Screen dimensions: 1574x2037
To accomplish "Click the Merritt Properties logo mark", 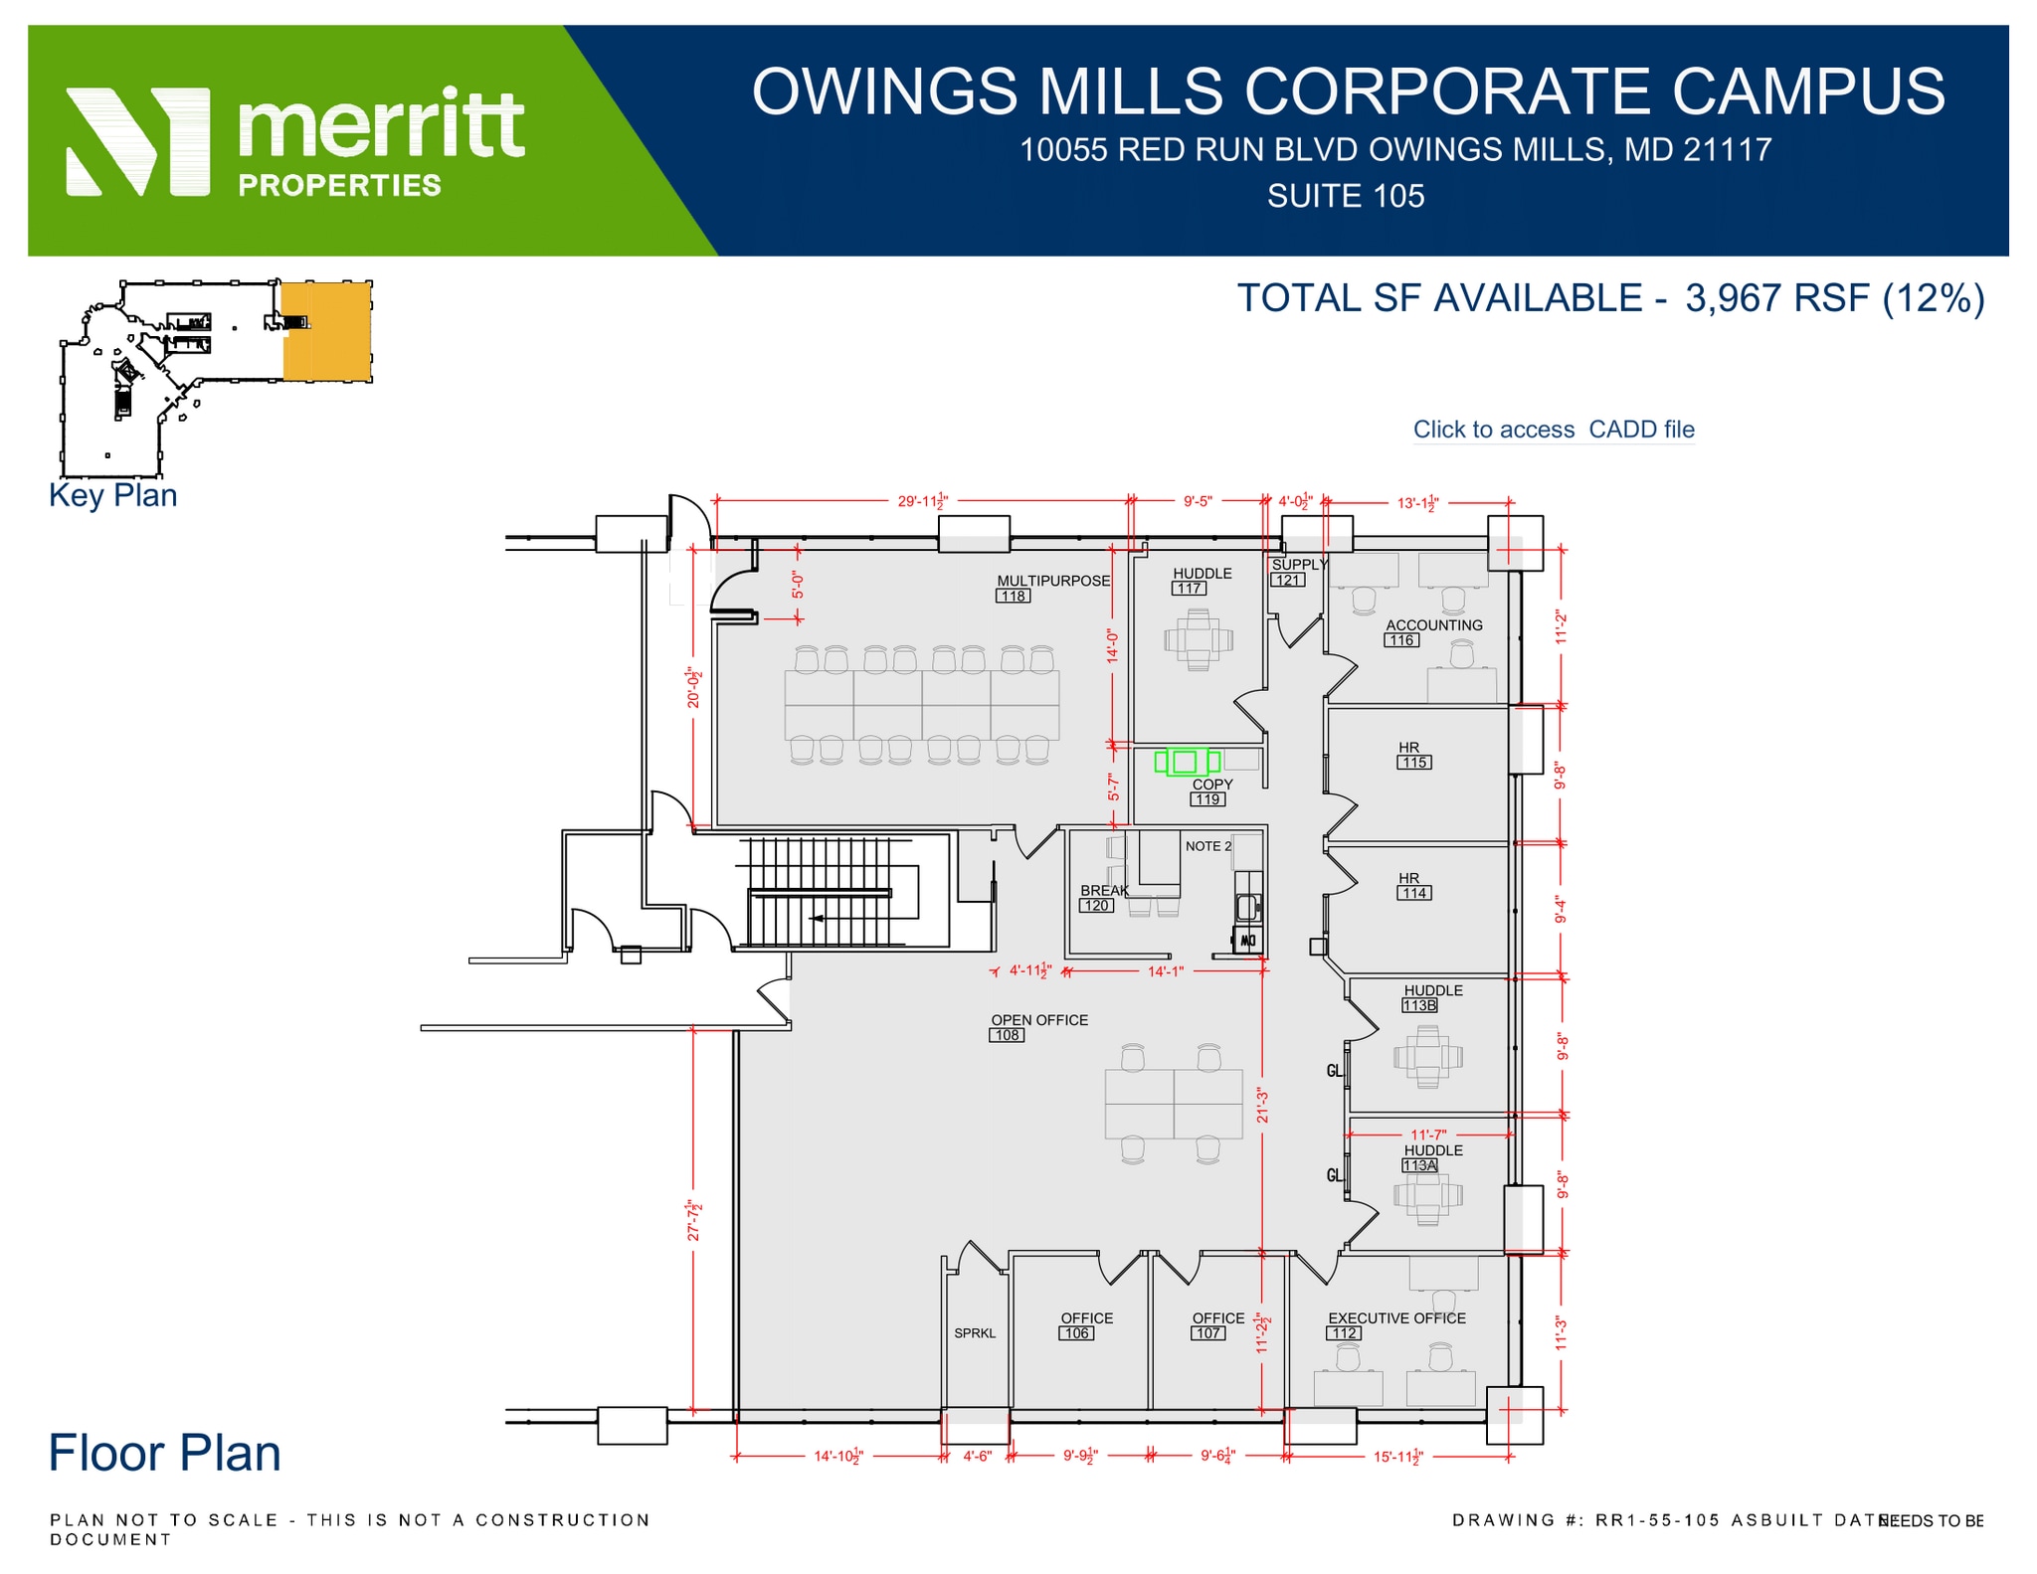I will coord(137,141).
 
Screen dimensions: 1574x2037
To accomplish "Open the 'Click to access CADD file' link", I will coord(1553,430).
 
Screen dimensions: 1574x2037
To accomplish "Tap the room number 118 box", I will coord(1013,597).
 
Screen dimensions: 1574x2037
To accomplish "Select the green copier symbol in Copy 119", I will coord(1186,763).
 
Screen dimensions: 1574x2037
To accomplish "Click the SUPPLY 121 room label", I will coord(1297,565).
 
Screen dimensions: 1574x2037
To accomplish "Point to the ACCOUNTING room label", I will coord(1433,625).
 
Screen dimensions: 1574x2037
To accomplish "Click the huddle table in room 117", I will coord(1198,640).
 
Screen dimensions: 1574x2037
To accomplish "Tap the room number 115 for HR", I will coord(1413,763).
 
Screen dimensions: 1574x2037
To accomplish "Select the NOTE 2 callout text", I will coord(1207,846).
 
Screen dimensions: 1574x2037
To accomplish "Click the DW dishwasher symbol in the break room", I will coord(1246,940).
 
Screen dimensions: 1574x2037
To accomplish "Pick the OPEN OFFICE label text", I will coord(1038,1020).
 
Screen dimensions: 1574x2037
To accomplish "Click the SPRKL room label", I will coord(974,1333).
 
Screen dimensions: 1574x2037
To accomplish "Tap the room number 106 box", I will coord(1075,1333).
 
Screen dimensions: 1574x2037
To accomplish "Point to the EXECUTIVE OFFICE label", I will coord(1396,1318).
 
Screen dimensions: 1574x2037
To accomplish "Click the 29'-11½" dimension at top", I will coord(923,502).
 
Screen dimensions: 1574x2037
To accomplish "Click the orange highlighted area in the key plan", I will coord(327,331).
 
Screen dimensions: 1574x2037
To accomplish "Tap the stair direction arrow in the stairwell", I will coord(818,918).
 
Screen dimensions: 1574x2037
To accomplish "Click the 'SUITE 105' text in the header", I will coord(1345,196).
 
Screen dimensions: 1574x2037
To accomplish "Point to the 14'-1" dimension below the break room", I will coord(1166,971).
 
